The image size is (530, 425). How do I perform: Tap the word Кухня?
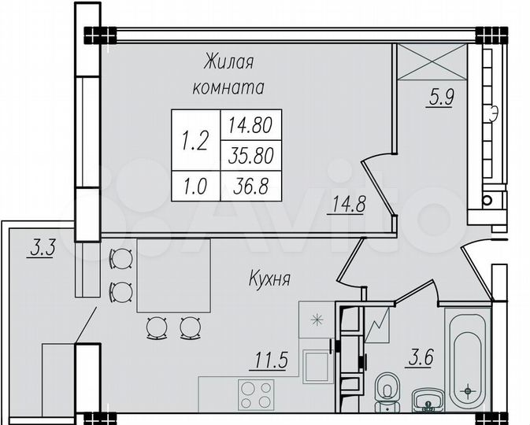coord(270,279)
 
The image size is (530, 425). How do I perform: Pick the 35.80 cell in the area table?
coord(250,155)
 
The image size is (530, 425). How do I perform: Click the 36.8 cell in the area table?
coord(250,185)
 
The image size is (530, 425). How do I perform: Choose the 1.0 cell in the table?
coord(195,185)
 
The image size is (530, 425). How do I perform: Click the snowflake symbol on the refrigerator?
coord(317,320)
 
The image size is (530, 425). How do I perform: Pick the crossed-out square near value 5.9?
coord(432,61)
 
